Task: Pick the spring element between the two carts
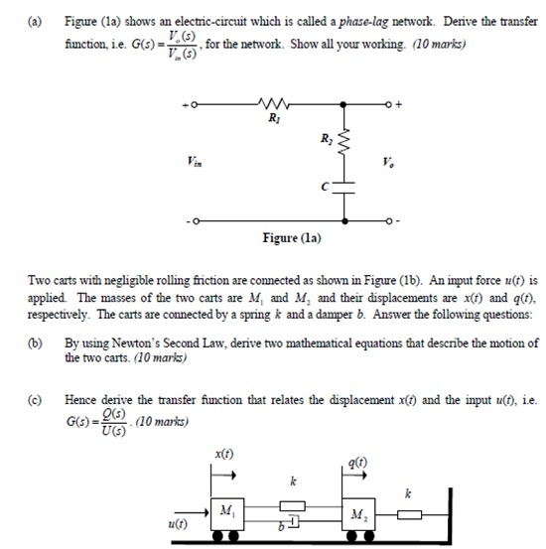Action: [297, 503]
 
